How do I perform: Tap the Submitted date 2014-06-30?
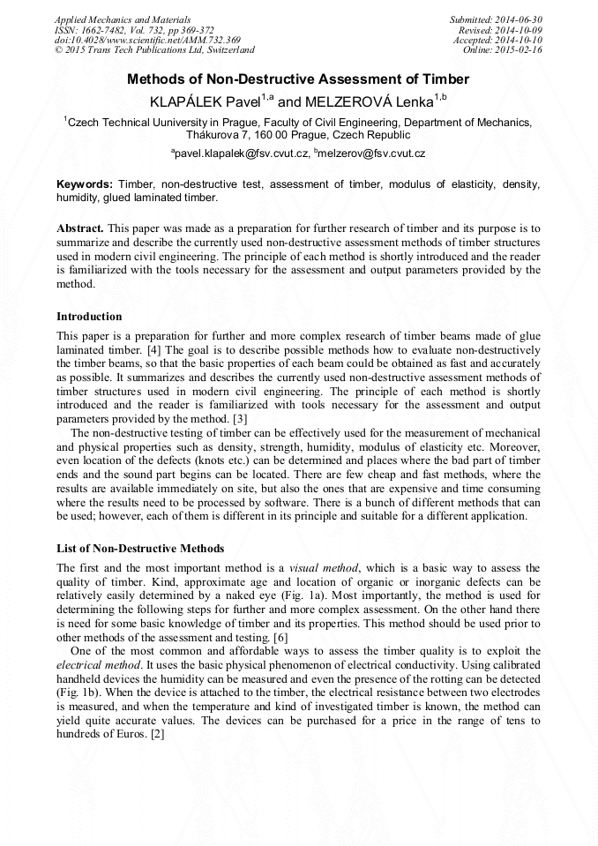click(520, 19)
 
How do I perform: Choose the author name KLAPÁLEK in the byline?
click(188, 102)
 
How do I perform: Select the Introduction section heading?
click(89, 316)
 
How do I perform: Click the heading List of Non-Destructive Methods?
click(140, 549)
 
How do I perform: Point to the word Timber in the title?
click(445, 79)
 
